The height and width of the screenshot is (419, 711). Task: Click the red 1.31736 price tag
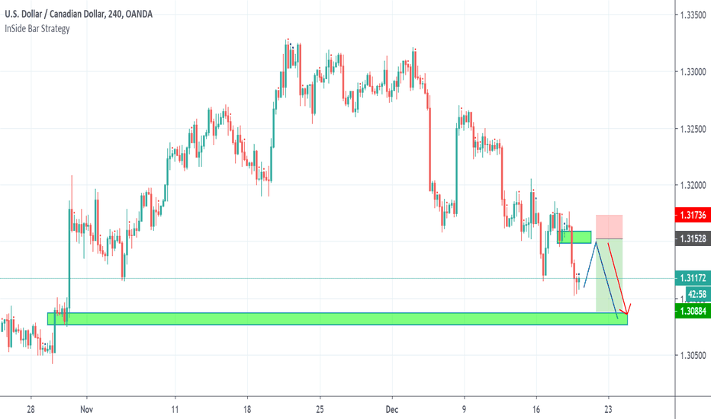[x=693, y=216]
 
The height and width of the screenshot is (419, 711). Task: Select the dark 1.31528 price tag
[x=693, y=238]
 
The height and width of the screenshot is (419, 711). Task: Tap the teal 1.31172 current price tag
[x=693, y=279]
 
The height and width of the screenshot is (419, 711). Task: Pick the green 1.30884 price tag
[x=693, y=311]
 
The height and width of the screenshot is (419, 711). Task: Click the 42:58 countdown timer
[x=695, y=294]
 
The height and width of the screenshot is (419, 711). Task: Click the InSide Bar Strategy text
[x=37, y=29]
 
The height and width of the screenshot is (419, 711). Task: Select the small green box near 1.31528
[x=574, y=237]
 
